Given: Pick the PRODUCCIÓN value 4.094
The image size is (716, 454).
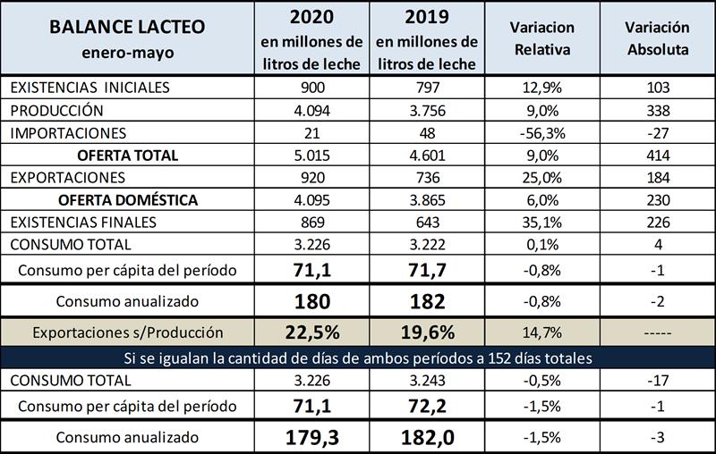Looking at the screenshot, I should [x=311, y=111].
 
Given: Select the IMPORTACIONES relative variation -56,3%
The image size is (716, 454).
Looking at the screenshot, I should [x=543, y=132].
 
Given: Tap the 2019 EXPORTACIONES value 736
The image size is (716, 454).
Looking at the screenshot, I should [x=426, y=177].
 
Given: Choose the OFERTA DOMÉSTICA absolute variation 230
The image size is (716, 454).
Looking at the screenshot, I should [x=656, y=199].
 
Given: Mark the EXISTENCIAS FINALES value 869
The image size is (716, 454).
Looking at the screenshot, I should [x=311, y=222].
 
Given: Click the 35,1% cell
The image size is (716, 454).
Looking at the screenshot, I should [x=543, y=222].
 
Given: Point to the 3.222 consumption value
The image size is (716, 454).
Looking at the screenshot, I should [x=426, y=243].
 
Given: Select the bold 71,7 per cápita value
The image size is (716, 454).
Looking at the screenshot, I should [x=426, y=269].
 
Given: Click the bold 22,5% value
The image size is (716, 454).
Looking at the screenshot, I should [x=311, y=332].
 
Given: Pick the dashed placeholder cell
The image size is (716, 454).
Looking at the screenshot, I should [x=656, y=332].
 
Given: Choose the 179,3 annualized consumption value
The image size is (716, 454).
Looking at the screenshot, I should [x=311, y=438].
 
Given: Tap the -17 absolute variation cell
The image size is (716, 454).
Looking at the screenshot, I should [x=656, y=381].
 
